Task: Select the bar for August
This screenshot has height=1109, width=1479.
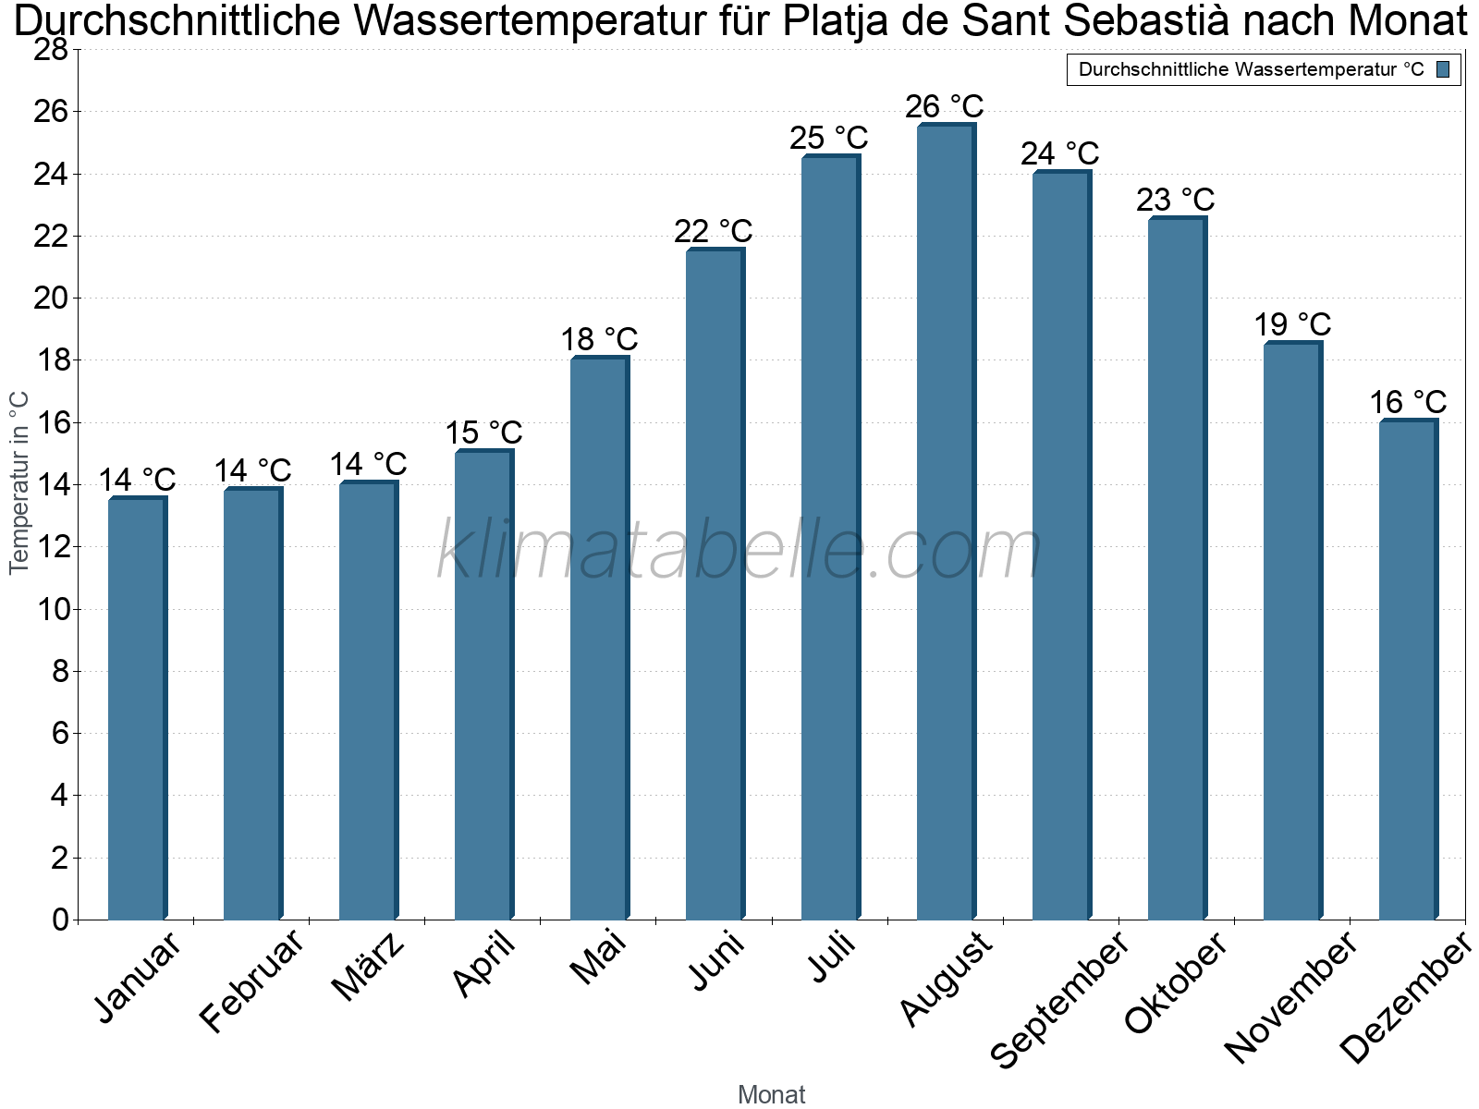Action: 946,521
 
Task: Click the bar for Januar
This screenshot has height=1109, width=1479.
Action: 138,708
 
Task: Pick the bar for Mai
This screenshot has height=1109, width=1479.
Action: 600,638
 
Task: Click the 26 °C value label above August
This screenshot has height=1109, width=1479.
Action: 945,106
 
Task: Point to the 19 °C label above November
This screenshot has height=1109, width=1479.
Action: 1292,324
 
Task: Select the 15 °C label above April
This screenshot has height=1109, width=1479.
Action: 483,433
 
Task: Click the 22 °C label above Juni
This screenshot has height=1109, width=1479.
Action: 714,232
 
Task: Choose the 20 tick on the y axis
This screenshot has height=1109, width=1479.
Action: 51,298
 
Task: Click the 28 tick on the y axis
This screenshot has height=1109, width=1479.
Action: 51,49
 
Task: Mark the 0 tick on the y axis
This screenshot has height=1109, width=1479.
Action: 61,920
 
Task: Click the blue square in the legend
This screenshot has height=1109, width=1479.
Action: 1443,69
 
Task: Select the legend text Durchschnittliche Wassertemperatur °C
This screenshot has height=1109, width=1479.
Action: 1252,69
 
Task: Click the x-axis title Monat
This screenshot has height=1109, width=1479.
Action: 772,1094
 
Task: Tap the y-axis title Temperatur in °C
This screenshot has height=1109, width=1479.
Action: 18,482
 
